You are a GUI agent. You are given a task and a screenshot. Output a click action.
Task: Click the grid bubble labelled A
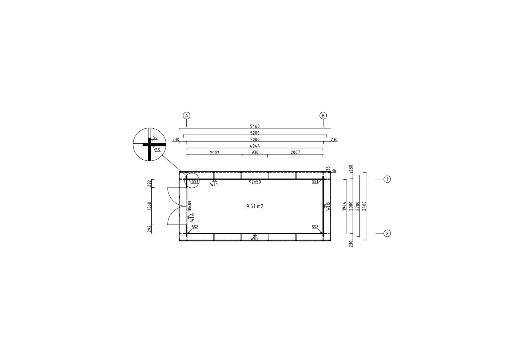pos(186,116)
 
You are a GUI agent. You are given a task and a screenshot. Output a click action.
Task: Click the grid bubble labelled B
pos(323,116)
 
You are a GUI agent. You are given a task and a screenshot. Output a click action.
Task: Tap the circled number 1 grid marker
pos(387,179)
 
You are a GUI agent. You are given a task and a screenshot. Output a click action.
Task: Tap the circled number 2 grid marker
pos(387,233)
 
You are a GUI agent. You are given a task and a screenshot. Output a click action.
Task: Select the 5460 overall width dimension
pos(255,126)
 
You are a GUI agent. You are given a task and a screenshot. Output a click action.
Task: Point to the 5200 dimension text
pos(255,133)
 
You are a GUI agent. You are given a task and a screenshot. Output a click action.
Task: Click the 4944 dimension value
pos(255,146)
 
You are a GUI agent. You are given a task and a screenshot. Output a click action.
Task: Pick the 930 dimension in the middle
pos(255,152)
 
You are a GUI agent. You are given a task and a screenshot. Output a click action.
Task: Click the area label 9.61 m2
pos(255,207)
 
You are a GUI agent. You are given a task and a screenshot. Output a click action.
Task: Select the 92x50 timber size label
pos(255,182)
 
